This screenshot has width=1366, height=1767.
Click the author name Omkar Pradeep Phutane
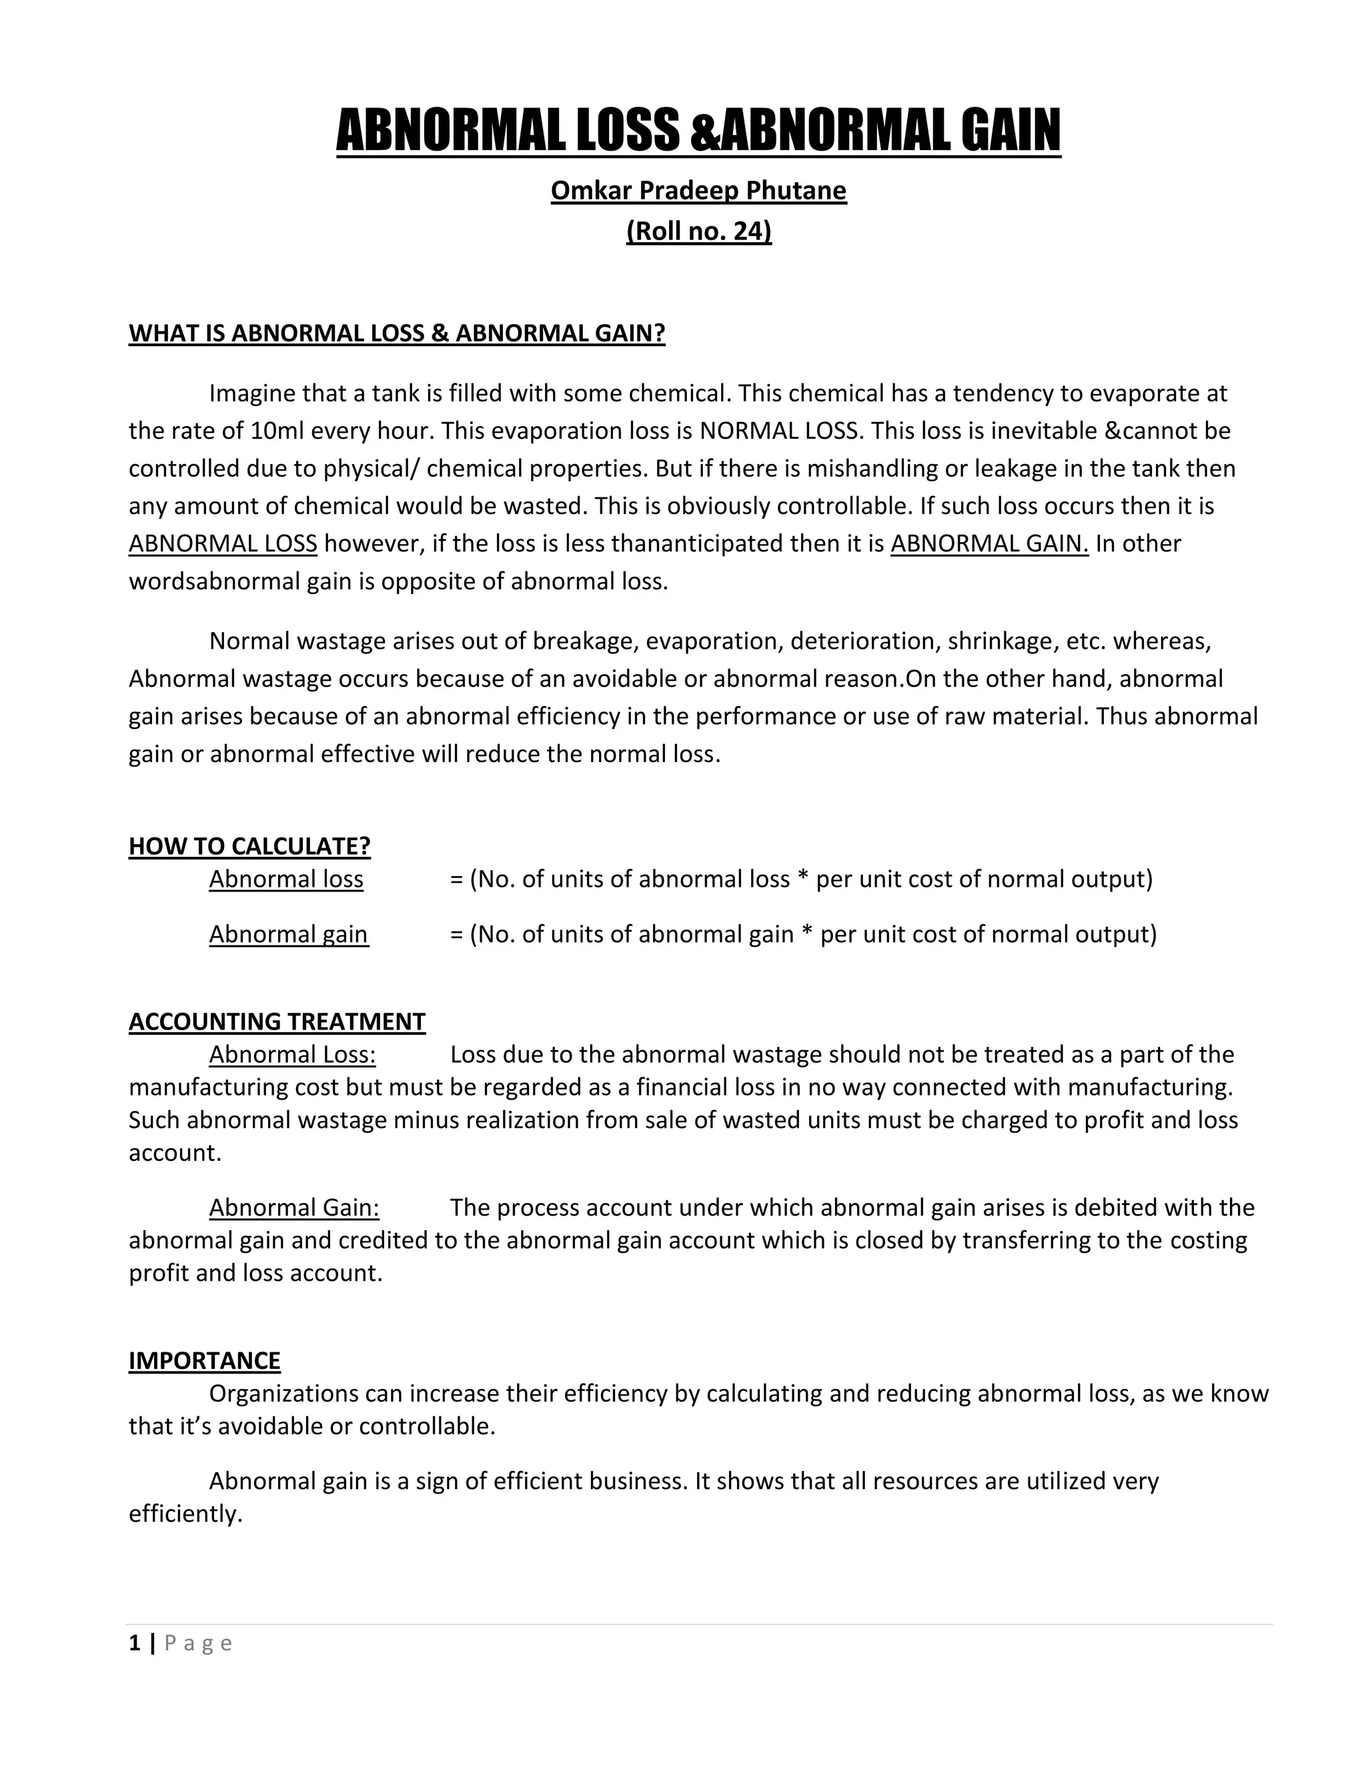coord(698,190)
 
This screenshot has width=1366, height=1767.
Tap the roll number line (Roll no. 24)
coord(698,231)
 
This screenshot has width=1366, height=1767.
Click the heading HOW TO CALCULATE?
coord(249,846)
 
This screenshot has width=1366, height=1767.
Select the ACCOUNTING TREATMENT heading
coord(277,1022)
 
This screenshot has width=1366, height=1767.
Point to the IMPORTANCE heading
coord(204,1361)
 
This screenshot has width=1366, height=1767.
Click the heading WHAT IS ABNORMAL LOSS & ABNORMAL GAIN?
coord(397,333)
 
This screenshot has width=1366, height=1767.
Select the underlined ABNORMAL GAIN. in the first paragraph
coord(989,543)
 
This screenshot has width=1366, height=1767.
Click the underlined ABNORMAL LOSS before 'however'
coord(223,543)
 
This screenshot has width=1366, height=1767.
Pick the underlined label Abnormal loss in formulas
coord(286,879)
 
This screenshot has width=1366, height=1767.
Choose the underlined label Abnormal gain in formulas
coord(288,934)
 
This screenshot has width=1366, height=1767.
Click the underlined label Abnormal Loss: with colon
coord(292,1055)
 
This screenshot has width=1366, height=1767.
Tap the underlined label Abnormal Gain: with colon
coord(293,1208)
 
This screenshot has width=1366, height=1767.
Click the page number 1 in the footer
coord(134,1643)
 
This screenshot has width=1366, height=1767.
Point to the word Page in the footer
coord(198,1643)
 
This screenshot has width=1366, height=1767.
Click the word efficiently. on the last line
coord(185,1514)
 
